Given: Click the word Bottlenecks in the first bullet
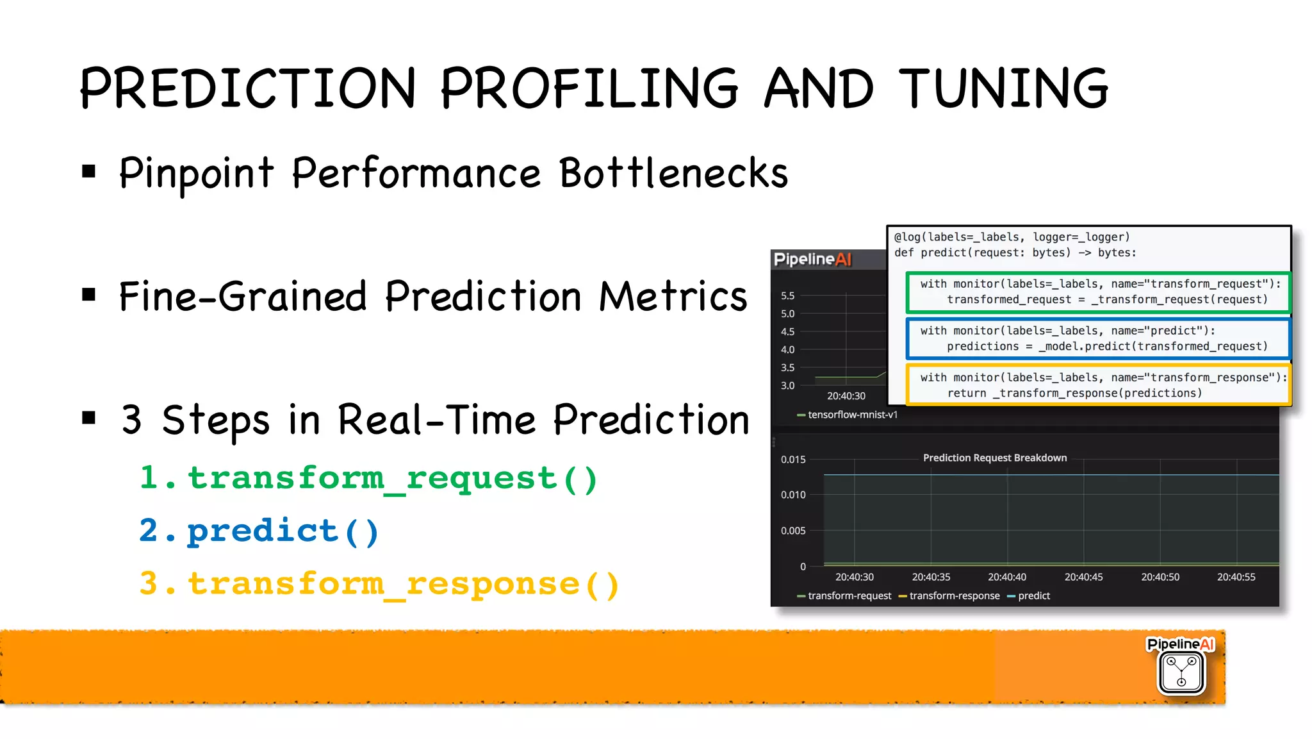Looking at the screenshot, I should click(673, 173).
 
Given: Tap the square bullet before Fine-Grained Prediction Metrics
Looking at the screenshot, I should click(89, 295).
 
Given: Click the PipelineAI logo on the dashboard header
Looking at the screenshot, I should click(812, 259).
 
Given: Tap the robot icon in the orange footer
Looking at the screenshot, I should click(1181, 672).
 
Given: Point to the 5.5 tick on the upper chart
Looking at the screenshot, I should click(787, 295).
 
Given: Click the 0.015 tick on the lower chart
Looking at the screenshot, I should click(792, 460).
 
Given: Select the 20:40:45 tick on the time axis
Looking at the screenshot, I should click(1083, 577).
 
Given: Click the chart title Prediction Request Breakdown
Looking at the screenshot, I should click(994, 458).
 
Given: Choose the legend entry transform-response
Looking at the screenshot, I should click(954, 595).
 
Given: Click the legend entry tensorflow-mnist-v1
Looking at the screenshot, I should click(852, 415).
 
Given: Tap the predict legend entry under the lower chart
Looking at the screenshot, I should click(1033, 595).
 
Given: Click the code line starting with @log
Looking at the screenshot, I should click(1012, 237).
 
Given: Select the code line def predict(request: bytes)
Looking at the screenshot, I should click(1015, 253).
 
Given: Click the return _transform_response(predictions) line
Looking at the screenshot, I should click(1074, 393).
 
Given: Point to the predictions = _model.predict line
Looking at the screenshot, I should click(1107, 346).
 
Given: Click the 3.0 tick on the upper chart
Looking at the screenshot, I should click(787, 385).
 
